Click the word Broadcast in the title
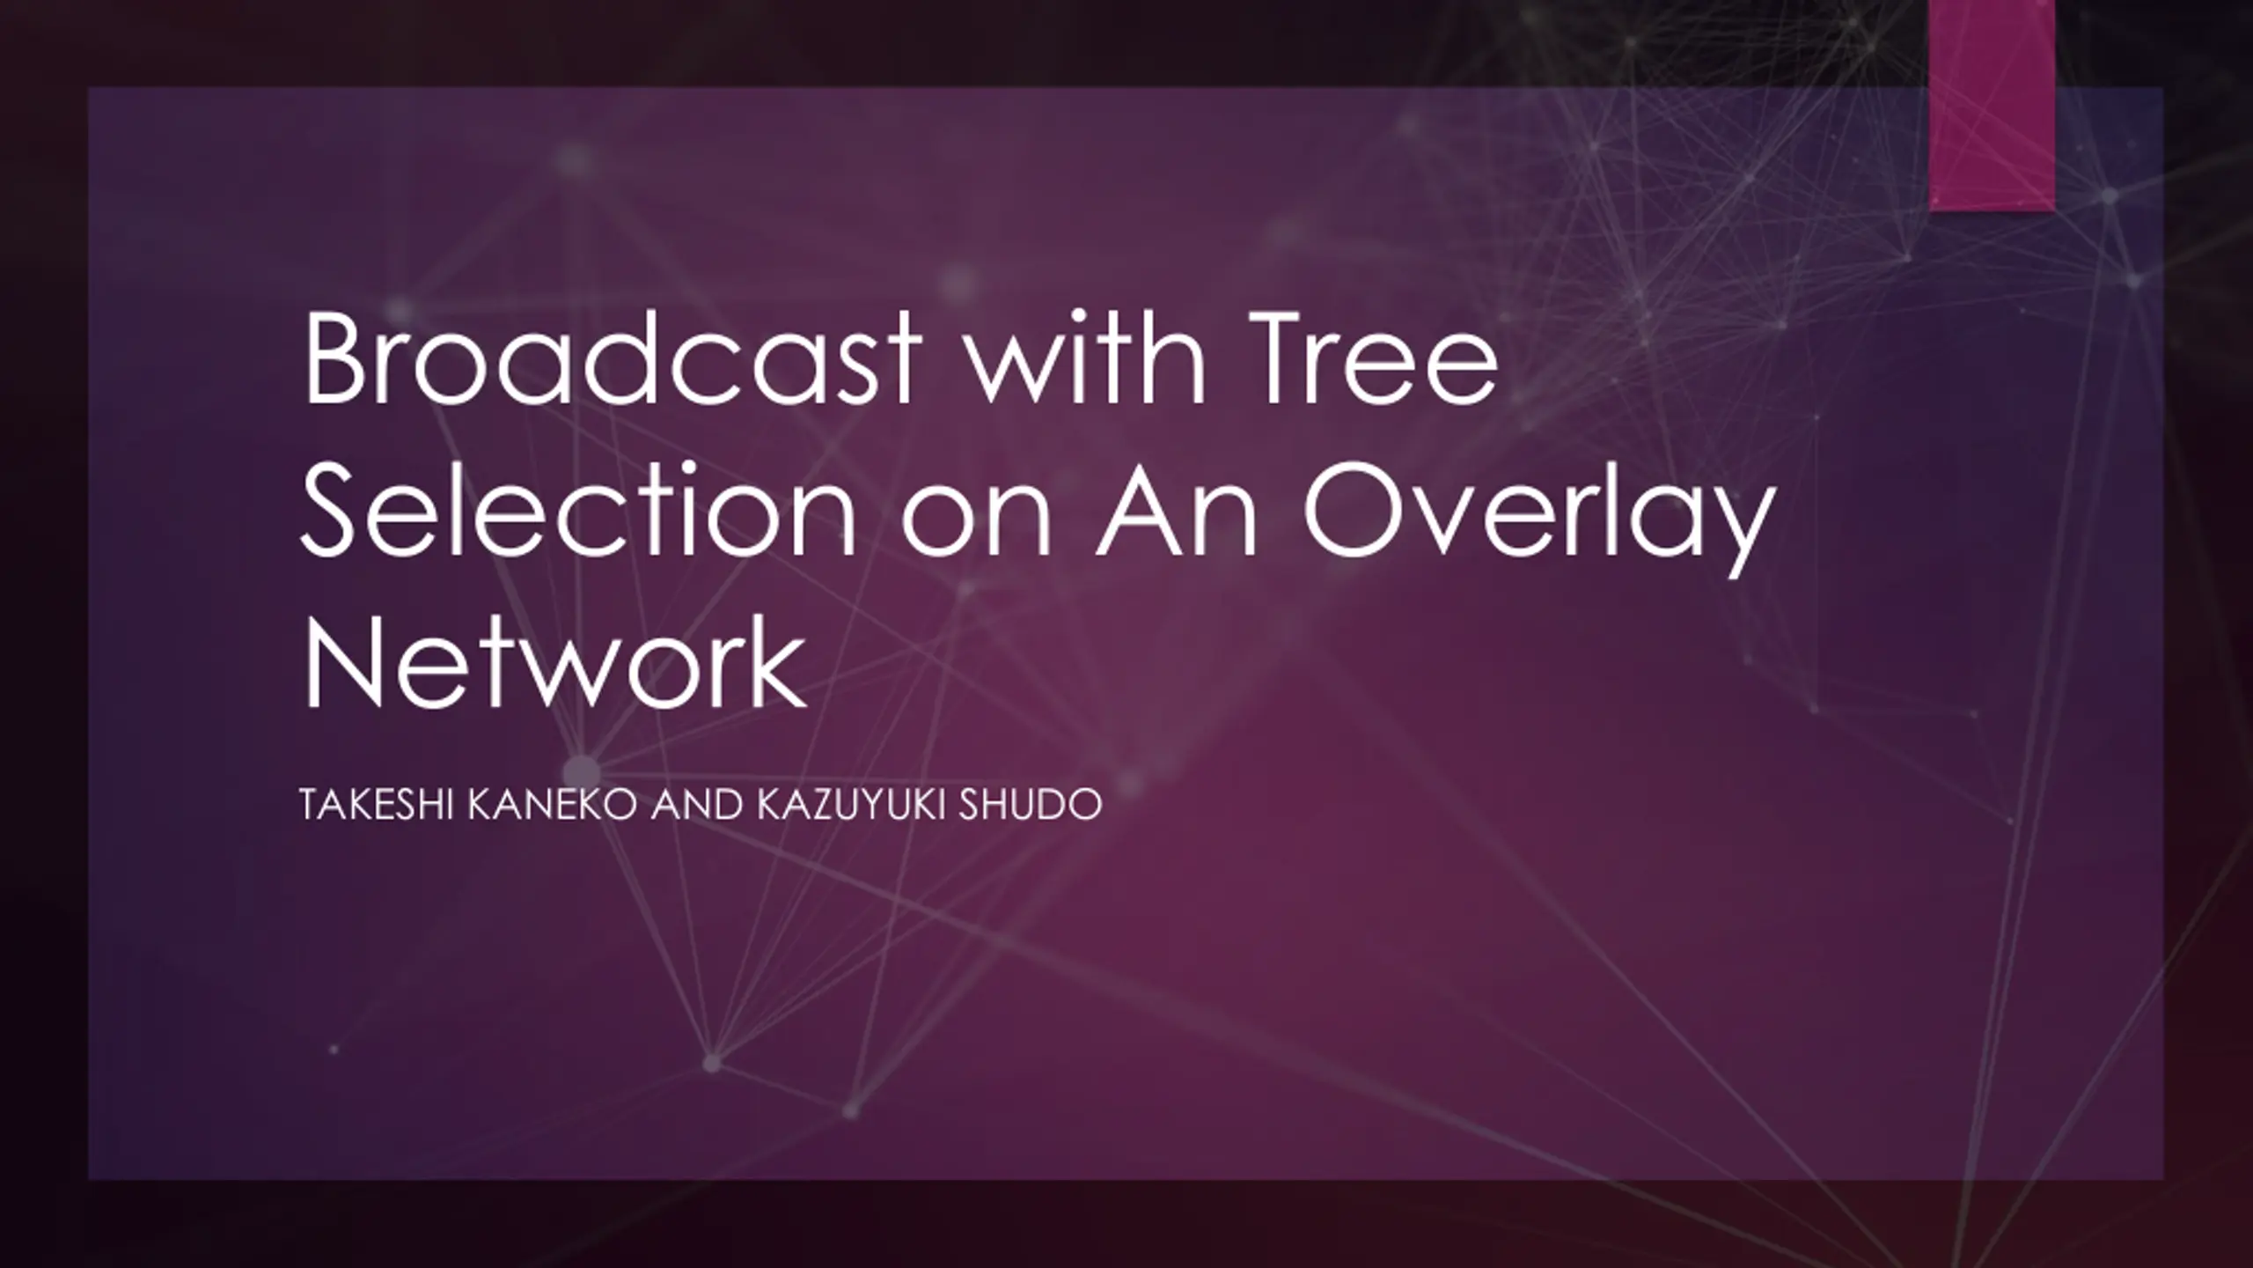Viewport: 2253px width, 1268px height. pos(613,359)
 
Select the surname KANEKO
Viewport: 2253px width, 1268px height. pos(552,806)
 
